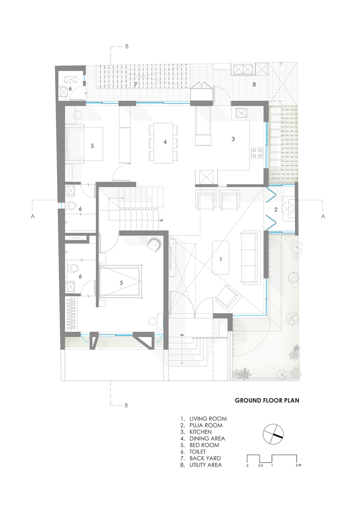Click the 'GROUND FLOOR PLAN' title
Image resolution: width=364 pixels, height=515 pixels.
267,400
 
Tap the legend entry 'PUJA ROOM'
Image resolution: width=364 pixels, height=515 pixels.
205,425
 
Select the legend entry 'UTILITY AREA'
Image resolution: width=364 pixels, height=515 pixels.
205,465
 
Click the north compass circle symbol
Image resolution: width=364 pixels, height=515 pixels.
273,435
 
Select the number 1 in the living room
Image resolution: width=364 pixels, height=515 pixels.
221,259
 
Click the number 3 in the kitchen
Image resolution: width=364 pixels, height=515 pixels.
233,139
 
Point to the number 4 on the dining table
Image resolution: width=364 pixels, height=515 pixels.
165,142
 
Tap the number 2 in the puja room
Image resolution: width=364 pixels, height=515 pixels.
276,210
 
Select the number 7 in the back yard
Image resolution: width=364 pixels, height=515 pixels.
136,84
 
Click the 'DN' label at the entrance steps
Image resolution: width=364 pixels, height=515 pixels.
182,335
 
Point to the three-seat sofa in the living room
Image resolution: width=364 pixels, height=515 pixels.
251,256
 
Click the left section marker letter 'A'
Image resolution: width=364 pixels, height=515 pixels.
32,217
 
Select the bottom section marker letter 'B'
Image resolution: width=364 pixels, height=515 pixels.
126,405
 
